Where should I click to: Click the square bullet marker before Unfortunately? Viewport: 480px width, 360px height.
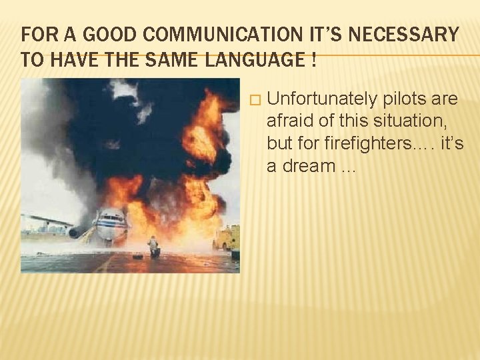coord(251,100)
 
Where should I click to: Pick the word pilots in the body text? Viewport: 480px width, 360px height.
coord(407,99)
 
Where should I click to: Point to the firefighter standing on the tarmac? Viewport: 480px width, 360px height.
coord(154,247)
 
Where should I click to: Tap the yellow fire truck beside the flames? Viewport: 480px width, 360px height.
coord(226,238)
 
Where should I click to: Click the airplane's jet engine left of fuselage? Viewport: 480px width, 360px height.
coord(74,233)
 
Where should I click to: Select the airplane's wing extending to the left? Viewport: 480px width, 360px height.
coord(47,220)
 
